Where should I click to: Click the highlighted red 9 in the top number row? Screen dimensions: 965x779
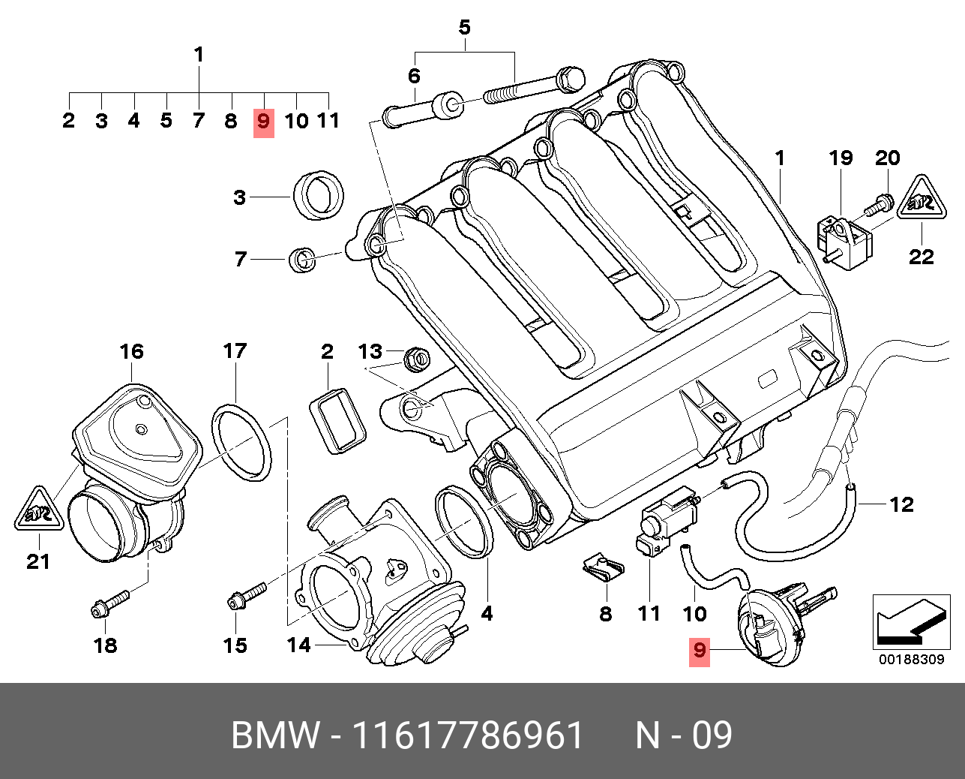pos(264,122)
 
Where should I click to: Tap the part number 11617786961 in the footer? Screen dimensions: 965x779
pos(468,735)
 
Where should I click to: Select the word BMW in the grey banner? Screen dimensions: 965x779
pos(276,735)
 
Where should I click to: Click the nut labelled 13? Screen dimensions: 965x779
pos(417,359)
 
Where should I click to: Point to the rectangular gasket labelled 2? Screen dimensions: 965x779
pos(337,421)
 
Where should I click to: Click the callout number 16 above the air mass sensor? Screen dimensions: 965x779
pos(132,351)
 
